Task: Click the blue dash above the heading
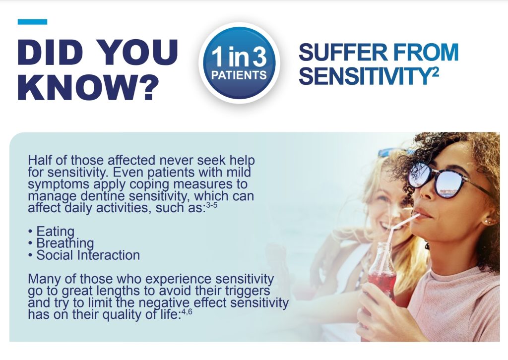tap(32, 22)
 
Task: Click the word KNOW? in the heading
tap(88, 87)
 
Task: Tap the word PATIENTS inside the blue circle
tap(239, 75)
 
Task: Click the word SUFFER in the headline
tap(343, 53)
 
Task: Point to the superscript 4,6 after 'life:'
tap(187, 312)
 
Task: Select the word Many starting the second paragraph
tap(44, 279)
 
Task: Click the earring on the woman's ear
tap(487, 222)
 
